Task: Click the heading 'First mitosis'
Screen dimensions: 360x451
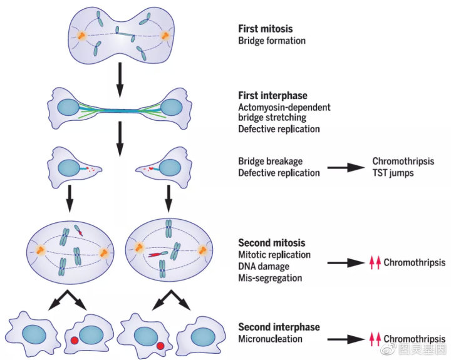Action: [265, 29]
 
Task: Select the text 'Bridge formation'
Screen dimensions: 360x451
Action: [272, 41]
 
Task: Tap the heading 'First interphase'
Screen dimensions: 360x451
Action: [272, 96]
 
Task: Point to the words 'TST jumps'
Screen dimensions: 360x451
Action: [393, 173]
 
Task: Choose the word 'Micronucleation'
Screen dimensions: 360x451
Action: [271, 339]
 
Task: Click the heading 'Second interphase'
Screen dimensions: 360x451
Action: [279, 327]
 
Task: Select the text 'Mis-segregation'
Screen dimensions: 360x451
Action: [270, 277]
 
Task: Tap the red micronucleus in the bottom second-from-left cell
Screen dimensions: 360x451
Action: [75, 341]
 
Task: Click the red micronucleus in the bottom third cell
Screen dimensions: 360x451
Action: [160, 346]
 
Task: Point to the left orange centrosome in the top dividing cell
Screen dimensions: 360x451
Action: [81, 36]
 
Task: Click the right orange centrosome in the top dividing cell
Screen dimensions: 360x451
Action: [167, 36]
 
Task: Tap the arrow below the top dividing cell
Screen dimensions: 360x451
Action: [118, 75]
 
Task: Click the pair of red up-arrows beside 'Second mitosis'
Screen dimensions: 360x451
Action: [375, 263]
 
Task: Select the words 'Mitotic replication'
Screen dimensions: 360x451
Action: [274, 255]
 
